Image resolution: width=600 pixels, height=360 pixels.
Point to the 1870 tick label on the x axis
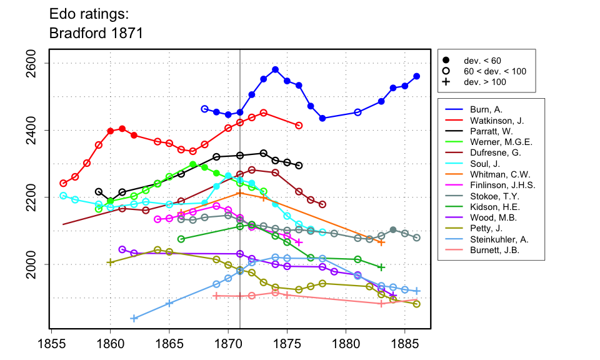pos(228,345)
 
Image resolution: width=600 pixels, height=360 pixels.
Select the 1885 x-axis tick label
pos(404,345)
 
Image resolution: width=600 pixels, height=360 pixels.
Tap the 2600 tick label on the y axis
pos(35,64)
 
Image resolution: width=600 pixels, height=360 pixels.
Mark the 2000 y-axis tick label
pos(35,264)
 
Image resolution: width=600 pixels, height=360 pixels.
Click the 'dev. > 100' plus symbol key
pos(446,82)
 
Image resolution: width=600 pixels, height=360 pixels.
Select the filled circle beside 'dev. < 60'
pos(446,61)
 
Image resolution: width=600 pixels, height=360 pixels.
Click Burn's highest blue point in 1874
pos(275,69)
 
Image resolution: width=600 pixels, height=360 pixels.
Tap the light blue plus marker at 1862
pos(134,318)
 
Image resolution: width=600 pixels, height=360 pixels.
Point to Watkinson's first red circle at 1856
pos(63,183)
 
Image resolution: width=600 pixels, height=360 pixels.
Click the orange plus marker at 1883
pos(381,242)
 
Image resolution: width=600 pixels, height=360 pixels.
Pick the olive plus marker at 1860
pos(111,262)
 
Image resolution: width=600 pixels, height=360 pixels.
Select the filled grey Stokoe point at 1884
pos(393,230)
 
